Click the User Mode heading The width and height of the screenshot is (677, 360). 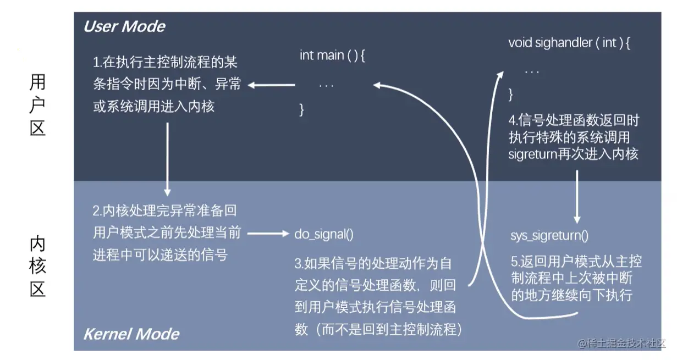(124, 26)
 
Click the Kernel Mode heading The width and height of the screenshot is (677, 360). (131, 334)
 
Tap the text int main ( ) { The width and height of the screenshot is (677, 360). (332, 56)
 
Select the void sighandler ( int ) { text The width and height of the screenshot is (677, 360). (569, 43)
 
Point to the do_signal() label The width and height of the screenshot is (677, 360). (324, 234)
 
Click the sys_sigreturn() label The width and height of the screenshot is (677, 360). (549, 236)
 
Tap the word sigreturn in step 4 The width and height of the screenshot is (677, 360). (532, 153)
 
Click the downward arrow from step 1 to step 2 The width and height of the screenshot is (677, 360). (167, 159)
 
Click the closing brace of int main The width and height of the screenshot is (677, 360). (301, 109)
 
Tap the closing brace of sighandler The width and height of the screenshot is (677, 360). (510, 94)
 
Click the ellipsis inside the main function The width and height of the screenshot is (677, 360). (326, 85)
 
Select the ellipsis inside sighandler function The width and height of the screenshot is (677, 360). (532, 71)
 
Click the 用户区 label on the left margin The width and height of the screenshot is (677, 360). (37, 106)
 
